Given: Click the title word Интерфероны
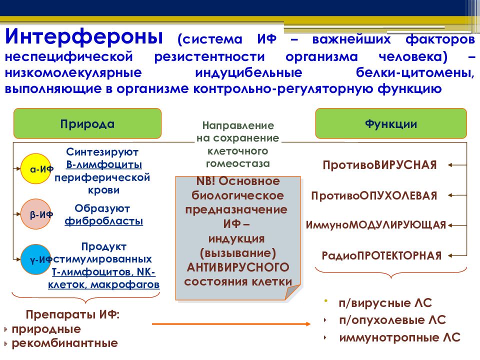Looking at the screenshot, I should click(84, 38).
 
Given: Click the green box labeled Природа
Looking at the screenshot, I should click(87, 124).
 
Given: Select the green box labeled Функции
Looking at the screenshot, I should click(390, 124).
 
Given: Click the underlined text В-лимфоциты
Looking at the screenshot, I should click(103, 164).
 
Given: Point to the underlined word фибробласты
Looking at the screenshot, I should click(103, 220).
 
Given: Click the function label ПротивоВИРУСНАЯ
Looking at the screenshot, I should click(380, 164).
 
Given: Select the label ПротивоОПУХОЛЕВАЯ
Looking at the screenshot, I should click(374, 195).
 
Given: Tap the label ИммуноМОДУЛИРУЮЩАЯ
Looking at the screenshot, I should click(375, 225).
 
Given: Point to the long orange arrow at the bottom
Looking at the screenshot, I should click(231, 324).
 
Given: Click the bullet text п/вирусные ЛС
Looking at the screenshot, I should click(384, 303).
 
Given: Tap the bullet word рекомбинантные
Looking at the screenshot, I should click(65, 343).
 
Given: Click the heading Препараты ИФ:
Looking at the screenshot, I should click(73, 315).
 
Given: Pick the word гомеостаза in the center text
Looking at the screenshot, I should click(237, 163).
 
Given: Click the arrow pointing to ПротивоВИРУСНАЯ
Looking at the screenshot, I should click(456, 164).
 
